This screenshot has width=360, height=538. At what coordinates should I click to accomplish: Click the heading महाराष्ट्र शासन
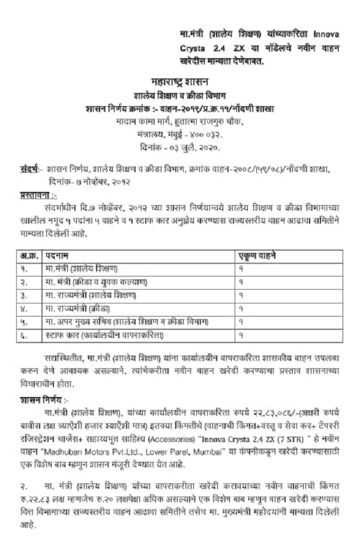click(x=179, y=81)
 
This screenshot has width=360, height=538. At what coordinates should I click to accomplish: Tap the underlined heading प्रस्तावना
click(x=35, y=195)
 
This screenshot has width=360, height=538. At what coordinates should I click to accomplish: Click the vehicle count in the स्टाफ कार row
click(x=241, y=335)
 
